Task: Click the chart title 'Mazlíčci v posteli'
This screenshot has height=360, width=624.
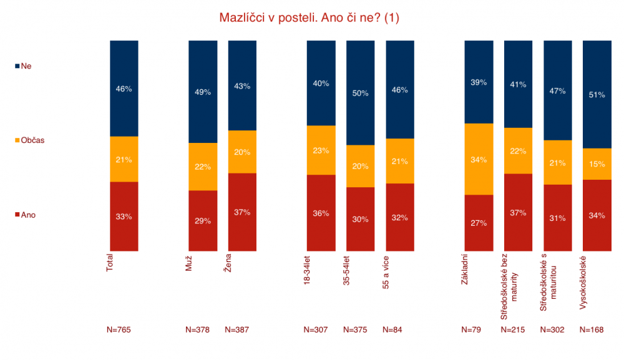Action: pos(268,18)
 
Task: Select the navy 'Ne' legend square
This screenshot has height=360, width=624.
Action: pos(17,66)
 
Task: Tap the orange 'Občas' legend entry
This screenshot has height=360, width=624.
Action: pos(29,140)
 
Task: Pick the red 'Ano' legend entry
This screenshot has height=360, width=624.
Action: pos(25,215)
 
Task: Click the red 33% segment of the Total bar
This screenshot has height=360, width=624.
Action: pos(124,216)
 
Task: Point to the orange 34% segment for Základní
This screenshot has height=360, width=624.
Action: pos(479,159)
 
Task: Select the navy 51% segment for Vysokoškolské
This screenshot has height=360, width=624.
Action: pos(597,94)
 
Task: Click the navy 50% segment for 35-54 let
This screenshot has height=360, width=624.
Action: pos(360,93)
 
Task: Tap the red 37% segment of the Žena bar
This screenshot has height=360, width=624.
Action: pos(242,212)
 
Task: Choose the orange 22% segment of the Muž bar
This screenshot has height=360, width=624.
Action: pos(203,167)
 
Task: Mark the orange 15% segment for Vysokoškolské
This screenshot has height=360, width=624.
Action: pos(597,164)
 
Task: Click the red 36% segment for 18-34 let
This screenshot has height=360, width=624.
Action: pos(321,213)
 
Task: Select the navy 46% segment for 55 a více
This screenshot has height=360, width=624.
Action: pos(400,89)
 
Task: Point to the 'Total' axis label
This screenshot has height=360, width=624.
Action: pos(109,263)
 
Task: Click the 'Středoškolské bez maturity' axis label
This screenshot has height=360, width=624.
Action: pos(509,286)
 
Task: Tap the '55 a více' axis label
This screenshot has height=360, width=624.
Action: pos(386,273)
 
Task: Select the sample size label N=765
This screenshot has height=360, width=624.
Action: pos(119,330)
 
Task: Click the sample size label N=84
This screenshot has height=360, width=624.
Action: pos(392,330)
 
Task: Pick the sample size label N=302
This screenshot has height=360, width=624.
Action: pos(552,330)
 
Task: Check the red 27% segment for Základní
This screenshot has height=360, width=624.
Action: pos(479,223)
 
